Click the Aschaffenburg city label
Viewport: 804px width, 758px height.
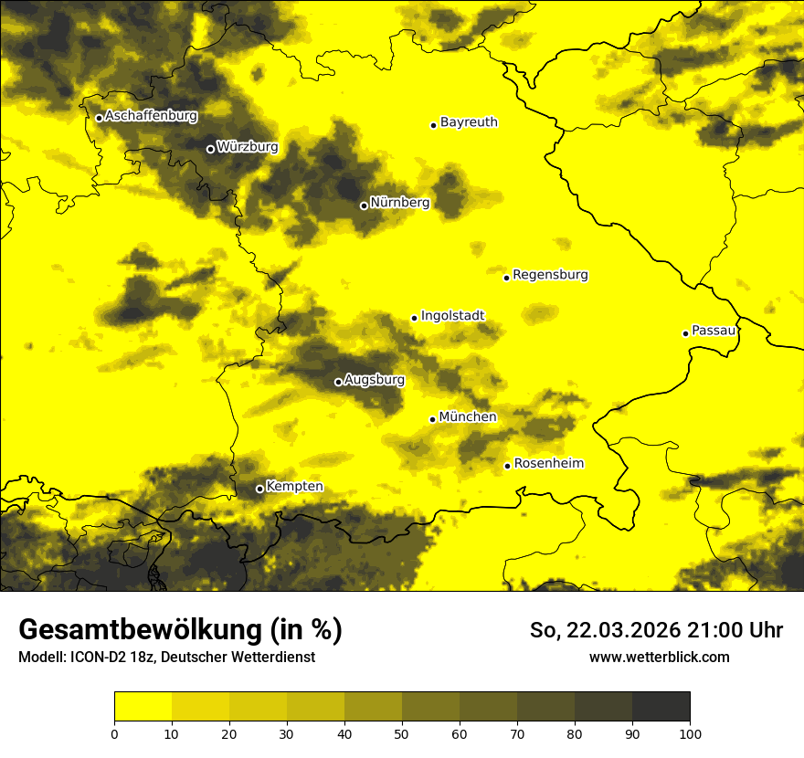(x=151, y=116)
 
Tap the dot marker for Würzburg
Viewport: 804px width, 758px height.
(x=210, y=149)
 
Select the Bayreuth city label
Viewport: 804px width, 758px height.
(x=469, y=122)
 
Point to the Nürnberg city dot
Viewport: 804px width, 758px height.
(x=364, y=205)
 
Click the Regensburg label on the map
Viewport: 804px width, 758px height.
(x=550, y=275)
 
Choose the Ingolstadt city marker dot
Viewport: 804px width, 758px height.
(x=414, y=319)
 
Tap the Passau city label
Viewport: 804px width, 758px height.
(x=714, y=331)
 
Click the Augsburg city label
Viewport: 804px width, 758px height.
(x=375, y=380)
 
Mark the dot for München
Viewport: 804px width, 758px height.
(x=432, y=419)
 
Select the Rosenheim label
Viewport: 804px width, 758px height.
(x=548, y=464)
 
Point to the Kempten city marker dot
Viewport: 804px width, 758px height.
(x=259, y=489)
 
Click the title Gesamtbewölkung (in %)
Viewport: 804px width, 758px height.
(x=180, y=630)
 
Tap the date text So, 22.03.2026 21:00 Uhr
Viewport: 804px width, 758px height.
(x=656, y=630)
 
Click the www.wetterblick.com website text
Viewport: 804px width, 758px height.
(x=659, y=657)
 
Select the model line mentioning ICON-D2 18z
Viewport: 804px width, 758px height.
(x=166, y=657)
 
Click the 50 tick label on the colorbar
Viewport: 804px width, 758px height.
(x=402, y=733)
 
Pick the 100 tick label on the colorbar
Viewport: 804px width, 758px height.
(x=690, y=733)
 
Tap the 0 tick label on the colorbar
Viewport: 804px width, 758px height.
(x=114, y=733)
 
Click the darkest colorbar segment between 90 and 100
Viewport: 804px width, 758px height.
(x=661, y=707)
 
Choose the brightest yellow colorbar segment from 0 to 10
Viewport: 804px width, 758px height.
(x=143, y=707)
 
